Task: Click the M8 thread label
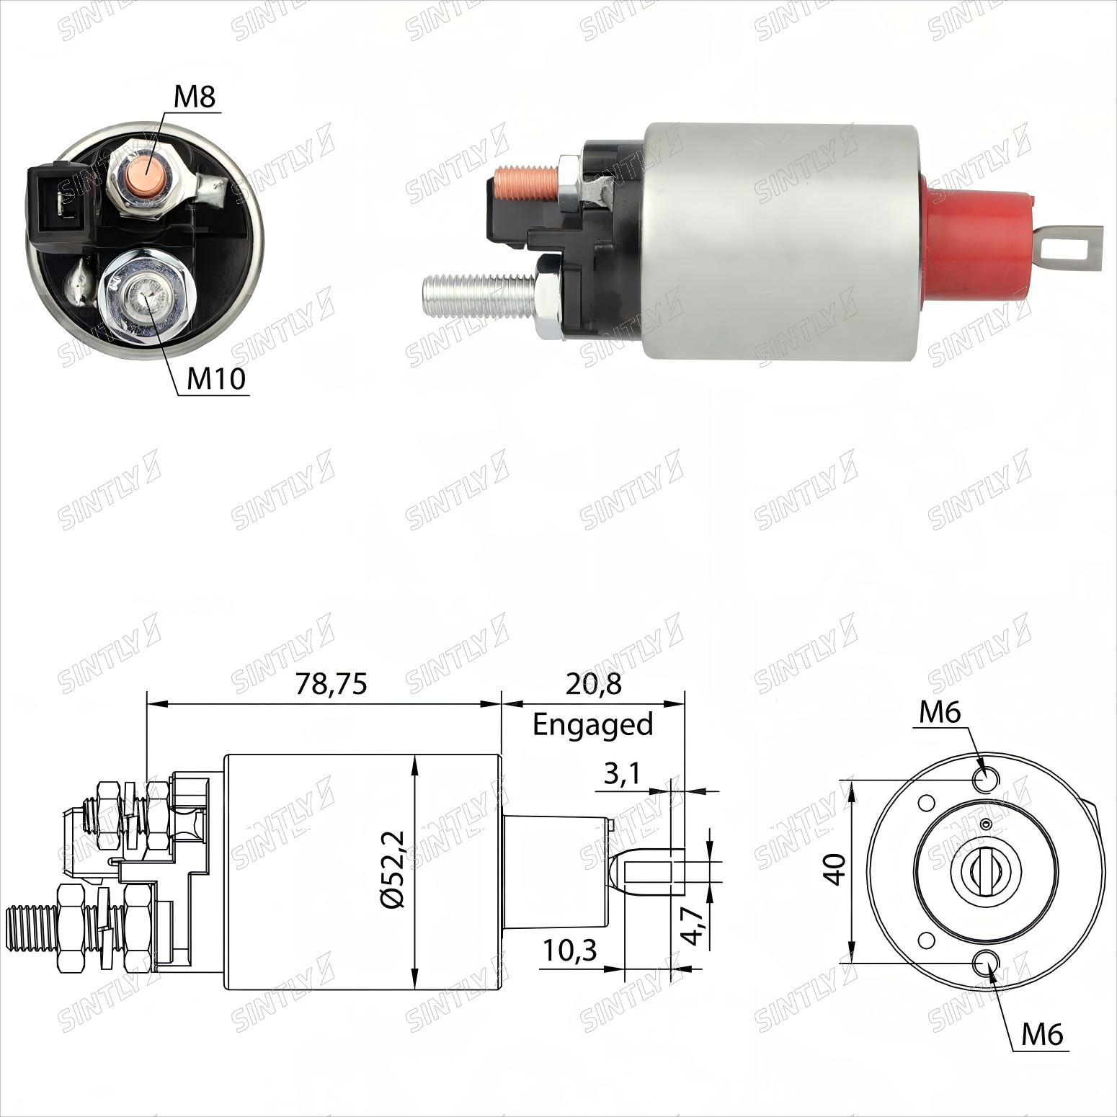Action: pyautogui.click(x=195, y=97)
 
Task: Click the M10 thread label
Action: pyautogui.click(x=216, y=378)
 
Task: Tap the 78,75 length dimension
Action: pyautogui.click(x=331, y=683)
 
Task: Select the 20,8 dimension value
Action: pyautogui.click(x=594, y=683)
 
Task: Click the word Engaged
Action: pyautogui.click(x=593, y=724)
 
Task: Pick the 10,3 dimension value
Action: pyautogui.click(x=570, y=951)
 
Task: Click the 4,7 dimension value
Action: pyautogui.click(x=693, y=926)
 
